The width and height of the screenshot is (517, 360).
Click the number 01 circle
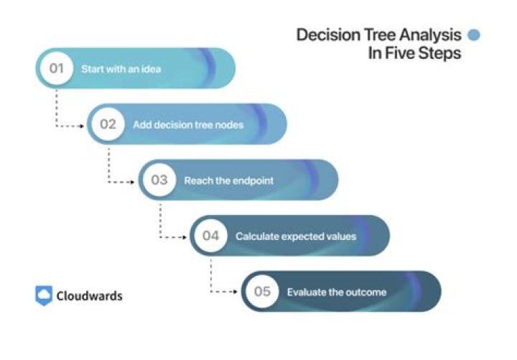56,69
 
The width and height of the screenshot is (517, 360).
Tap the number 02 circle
108,124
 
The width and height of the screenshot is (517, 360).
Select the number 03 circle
159,180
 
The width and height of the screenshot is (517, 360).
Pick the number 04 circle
210,236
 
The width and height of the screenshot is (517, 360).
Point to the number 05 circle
261,292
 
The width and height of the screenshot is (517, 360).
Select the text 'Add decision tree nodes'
188,124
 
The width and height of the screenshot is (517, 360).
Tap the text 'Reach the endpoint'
228,180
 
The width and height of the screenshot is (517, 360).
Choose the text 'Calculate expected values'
296,236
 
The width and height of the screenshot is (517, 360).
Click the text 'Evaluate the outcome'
337,292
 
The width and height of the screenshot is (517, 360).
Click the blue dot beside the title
474,34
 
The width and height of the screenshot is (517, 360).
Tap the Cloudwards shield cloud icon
44,295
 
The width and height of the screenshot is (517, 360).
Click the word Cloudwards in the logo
90,296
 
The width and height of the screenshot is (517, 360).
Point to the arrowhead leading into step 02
83,126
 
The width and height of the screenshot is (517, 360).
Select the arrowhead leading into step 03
134,181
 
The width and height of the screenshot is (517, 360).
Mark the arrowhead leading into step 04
185,237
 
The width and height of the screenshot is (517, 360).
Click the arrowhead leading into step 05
236,292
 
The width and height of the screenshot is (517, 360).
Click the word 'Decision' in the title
323,35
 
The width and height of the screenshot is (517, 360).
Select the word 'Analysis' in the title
434,35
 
